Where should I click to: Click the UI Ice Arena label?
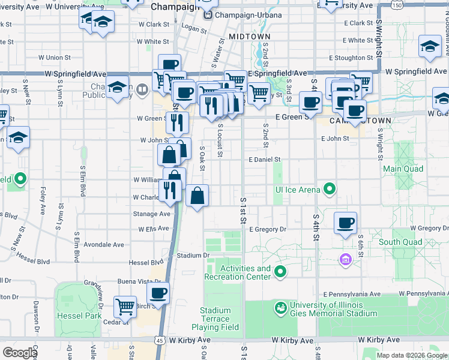[297, 190]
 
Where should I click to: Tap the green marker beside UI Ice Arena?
[330, 190]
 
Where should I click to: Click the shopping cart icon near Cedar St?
[125, 307]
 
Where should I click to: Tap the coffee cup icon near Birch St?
[158, 293]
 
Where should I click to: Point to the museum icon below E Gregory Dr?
[345, 259]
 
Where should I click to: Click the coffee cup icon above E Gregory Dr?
[345, 223]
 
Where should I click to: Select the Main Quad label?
[400, 169]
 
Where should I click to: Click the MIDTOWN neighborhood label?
[250, 37]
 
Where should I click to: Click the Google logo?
[19, 353]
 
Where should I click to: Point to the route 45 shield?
[159, 340]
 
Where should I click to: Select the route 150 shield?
[396, 5]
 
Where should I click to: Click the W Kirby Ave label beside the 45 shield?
[190, 340]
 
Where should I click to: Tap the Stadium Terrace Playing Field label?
[215, 319]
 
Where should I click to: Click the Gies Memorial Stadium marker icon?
[280, 308]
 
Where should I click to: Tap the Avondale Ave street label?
[104, 245]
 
